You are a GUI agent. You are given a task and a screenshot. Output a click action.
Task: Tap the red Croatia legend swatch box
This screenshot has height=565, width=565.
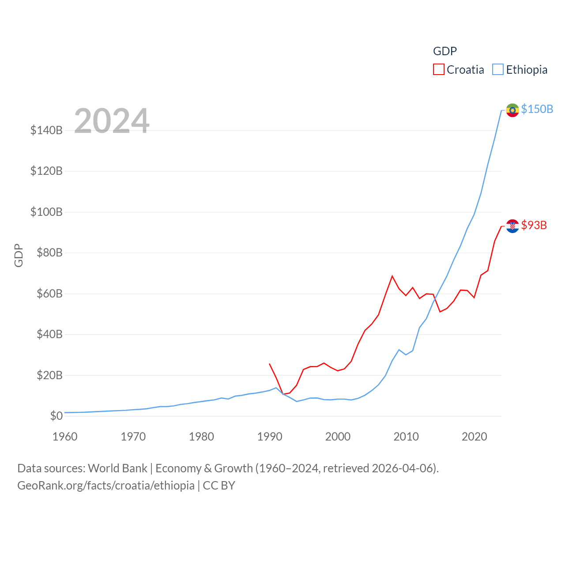click(438, 69)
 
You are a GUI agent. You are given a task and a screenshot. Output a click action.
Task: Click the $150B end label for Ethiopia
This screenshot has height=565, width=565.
click(537, 109)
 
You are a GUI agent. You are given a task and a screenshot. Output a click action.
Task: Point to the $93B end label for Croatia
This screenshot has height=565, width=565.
click(534, 225)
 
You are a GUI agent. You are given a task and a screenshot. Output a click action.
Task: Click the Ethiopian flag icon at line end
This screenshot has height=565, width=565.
click(512, 110)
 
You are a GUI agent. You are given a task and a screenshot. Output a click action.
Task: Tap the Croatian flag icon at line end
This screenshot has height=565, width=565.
click(512, 226)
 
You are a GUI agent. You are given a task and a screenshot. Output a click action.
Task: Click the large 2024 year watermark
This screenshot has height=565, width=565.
click(112, 121)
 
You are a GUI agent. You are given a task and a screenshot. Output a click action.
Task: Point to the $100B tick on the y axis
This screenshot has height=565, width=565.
click(46, 212)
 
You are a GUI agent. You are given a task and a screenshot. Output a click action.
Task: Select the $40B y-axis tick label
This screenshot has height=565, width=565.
click(49, 334)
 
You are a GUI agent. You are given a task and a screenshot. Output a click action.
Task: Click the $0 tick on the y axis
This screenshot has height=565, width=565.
click(56, 416)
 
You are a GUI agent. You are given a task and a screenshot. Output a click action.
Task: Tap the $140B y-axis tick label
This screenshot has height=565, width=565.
click(46, 130)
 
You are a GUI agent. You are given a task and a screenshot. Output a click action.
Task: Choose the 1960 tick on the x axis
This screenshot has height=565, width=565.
click(65, 437)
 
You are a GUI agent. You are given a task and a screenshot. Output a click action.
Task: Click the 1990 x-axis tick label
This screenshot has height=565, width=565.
click(270, 437)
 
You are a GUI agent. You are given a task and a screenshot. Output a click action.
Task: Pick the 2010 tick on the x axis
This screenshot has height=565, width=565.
click(406, 437)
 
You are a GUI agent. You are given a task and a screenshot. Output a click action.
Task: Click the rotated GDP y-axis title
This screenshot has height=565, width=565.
click(19, 255)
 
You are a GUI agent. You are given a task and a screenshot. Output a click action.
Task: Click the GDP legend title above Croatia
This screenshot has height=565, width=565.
click(444, 51)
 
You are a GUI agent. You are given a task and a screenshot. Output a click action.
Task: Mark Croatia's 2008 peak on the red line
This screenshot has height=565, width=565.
click(392, 276)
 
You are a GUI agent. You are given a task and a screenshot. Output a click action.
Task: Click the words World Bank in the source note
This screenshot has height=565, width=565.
click(117, 468)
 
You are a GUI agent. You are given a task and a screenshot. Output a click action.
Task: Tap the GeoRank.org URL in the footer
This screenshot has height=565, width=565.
click(106, 486)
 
